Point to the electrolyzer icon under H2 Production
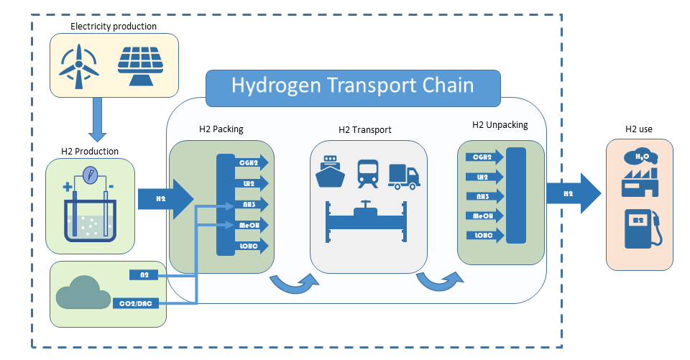(89, 206)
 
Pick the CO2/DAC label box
(141, 303)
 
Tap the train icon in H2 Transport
(369, 172)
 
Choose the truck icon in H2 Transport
(403, 176)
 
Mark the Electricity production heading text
(114, 27)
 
